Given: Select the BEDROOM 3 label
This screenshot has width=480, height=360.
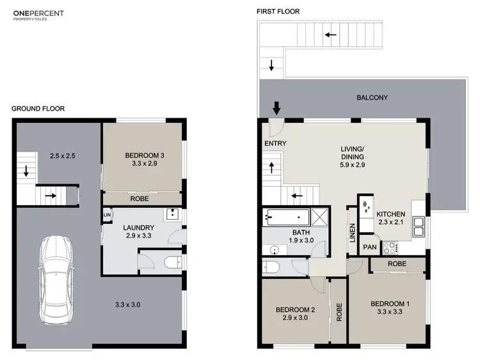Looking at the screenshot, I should point(144,155).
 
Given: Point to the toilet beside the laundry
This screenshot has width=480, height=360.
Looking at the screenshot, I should point(171,262).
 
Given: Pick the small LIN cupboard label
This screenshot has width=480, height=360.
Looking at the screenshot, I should point(106,215).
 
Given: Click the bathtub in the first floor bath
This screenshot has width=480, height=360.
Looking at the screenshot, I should point(285,217).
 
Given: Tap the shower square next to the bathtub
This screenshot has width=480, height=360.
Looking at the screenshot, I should point(319,217).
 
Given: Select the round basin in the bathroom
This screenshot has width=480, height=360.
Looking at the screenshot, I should point(275,251).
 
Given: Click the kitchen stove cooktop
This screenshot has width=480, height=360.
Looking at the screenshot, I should point(391,247).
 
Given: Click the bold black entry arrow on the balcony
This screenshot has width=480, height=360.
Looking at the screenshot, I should point(276,107).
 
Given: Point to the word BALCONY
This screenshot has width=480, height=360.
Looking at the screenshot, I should point(372,98).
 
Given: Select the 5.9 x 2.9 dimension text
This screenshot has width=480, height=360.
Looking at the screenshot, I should point(352,165).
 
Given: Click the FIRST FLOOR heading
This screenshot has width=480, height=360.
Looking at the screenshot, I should point(278,12).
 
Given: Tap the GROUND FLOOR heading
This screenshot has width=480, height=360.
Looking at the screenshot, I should point(38,109).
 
